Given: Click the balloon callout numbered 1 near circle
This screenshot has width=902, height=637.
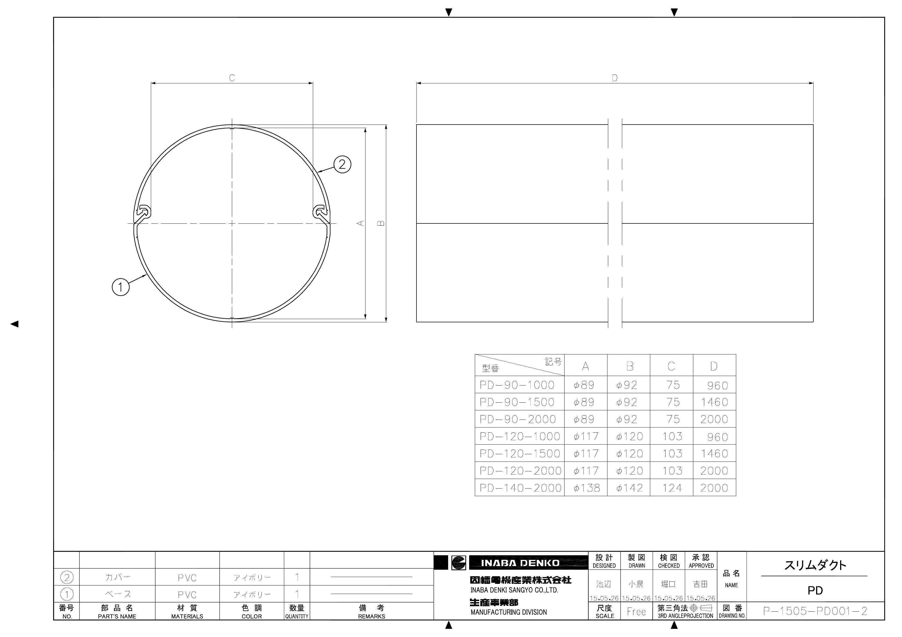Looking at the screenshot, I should pos(121,287).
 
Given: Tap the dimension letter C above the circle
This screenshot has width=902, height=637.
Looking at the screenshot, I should pos(232,78).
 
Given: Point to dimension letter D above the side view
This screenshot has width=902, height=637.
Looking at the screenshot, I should pos(615,78).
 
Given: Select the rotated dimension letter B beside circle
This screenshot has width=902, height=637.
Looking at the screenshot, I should pos(381,223).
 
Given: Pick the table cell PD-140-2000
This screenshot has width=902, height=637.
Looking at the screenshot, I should pos(520,488).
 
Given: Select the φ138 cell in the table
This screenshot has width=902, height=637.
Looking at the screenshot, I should pos(586,488).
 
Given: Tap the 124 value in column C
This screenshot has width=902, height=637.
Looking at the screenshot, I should pos(672,488).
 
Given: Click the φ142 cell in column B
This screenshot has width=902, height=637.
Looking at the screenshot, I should pos(629,488).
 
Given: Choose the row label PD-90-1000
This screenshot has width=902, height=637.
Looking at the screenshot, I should pos(517,385).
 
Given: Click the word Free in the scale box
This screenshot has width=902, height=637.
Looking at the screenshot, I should pos(636,611).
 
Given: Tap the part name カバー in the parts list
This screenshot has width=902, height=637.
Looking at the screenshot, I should pos(118,577).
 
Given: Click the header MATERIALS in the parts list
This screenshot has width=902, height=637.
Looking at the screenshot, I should pos(187,617).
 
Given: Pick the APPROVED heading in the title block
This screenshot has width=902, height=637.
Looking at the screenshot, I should pos(701,566).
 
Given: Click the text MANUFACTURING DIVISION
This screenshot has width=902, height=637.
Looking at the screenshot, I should pos(508,612).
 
